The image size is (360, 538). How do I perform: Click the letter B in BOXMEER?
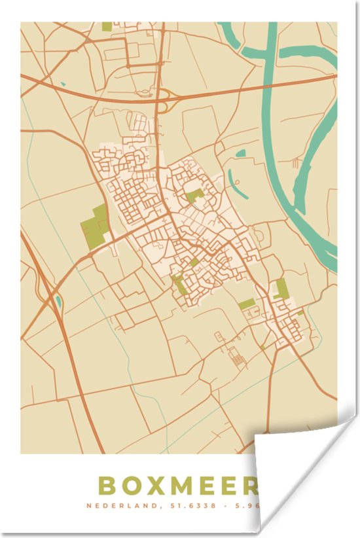pos(107,485)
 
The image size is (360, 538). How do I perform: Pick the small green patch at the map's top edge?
pos(107,26)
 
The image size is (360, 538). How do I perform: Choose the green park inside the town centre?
pos(194,195)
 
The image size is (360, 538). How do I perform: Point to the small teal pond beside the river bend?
pos(241,154)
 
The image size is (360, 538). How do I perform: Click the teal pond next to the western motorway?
pos(59,302)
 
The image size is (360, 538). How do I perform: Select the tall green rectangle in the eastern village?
pos(281,288)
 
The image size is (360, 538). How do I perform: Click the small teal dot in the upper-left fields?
pos(63,84)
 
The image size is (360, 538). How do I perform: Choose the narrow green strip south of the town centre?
pos(178,285)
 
